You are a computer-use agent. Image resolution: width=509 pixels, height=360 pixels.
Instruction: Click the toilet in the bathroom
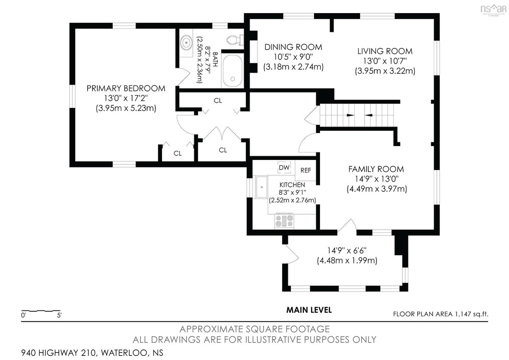(x=235, y=40)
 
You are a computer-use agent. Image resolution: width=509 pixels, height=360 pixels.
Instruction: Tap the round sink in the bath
(x=186, y=43)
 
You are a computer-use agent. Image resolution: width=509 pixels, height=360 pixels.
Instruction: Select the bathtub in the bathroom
(x=232, y=71)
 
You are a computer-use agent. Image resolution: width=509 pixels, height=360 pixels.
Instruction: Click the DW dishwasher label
(x=284, y=167)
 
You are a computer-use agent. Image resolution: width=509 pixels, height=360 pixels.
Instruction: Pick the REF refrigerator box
(x=306, y=170)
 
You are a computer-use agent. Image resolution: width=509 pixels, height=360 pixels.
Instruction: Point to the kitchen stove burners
(x=284, y=221)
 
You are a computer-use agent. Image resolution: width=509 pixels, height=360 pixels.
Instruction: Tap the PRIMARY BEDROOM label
(x=126, y=88)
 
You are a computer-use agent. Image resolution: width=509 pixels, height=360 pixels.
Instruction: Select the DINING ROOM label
(x=293, y=47)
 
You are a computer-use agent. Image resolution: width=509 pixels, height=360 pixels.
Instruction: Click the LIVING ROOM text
(x=385, y=51)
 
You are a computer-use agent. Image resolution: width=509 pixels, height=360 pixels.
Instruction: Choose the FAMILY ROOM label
(x=376, y=169)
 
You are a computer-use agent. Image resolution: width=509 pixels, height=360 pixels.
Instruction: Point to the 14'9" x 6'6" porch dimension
(x=347, y=251)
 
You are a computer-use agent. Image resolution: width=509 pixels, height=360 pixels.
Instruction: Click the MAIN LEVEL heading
(x=309, y=310)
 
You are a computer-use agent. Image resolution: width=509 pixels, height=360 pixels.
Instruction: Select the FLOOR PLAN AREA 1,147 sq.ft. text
(x=441, y=314)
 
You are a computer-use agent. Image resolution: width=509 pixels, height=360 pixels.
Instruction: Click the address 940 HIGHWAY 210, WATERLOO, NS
(x=92, y=353)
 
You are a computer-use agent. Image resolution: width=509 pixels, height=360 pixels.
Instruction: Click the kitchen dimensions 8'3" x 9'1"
(x=292, y=193)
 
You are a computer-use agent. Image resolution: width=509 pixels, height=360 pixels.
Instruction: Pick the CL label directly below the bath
(x=218, y=100)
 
